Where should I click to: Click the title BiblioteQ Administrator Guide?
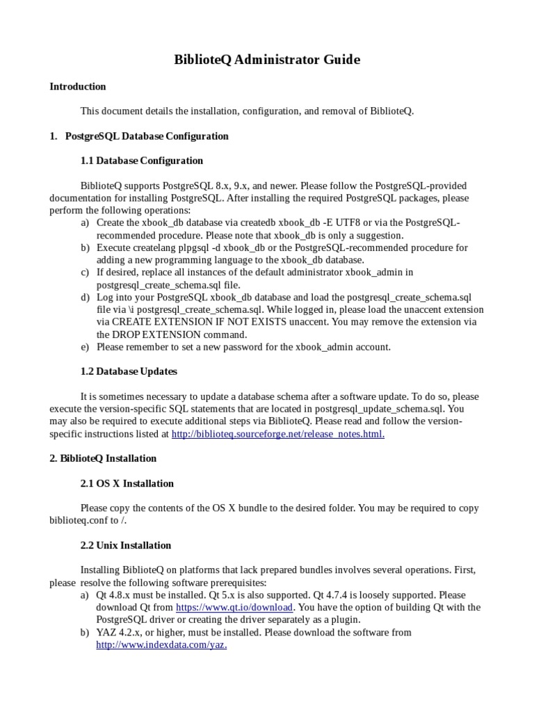[267, 60]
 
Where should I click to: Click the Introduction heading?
[77, 87]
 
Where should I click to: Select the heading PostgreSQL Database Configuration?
[147, 136]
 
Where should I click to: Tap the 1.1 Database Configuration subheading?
[142, 161]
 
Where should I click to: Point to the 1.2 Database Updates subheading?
[129, 371]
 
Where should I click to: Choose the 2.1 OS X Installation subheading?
[127, 483]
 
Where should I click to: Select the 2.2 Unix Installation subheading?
[127, 545]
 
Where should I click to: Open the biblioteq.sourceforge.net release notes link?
[277, 434]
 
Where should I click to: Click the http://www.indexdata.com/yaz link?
[161, 645]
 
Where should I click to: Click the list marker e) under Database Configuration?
[85, 347]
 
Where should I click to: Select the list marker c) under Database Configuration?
[85, 273]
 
